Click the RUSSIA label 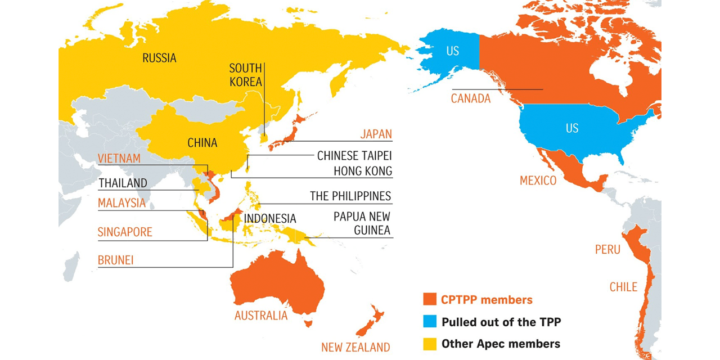(x=159, y=58)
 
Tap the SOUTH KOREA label (x=245, y=75)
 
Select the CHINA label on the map (x=202, y=143)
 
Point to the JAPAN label (x=376, y=134)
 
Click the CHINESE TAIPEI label (x=354, y=155)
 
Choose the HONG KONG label (x=362, y=171)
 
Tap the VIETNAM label (x=119, y=159)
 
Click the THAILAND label (x=123, y=183)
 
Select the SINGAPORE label (x=125, y=232)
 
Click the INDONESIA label (x=270, y=218)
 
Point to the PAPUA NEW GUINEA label (x=362, y=223)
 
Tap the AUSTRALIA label (x=261, y=315)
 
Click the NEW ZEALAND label (x=355, y=347)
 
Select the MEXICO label (x=538, y=181)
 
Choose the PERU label (x=607, y=249)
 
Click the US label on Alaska (x=453, y=51)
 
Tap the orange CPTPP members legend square (x=430, y=300)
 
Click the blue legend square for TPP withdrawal (x=430, y=322)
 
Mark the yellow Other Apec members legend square (x=430, y=343)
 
